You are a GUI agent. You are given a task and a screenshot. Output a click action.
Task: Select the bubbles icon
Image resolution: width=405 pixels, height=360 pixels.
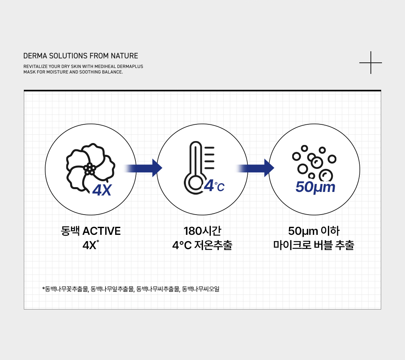click(x=314, y=163)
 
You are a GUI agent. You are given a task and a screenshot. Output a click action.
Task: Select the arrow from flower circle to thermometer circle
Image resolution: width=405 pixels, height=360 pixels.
click(x=143, y=168)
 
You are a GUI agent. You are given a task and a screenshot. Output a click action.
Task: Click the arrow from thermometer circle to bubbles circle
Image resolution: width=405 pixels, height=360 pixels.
click(x=255, y=168)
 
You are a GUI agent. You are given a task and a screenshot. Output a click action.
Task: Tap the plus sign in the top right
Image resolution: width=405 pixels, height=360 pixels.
click(x=371, y=62)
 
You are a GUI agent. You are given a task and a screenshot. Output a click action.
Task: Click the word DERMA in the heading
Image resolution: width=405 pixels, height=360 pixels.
click(x=33, y=56)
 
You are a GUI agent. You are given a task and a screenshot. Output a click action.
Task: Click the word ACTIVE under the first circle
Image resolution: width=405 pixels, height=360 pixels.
click(x=101, y=231)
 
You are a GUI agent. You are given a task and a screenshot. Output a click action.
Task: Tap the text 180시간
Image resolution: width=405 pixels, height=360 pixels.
click(x=202, y=231)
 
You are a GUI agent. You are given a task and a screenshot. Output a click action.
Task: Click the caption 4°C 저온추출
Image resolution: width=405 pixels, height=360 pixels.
click(x=202, y=245)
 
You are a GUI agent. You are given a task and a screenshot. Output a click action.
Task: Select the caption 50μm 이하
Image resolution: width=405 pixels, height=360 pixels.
click(x=314, y=231)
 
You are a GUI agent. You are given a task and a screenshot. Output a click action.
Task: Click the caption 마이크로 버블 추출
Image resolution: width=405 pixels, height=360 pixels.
click(x=314, y=245)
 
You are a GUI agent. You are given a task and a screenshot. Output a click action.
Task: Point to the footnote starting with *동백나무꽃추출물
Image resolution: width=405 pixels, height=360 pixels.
click(x=131, y=289)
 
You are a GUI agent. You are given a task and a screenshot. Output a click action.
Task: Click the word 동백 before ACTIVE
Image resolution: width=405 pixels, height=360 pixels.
click(x=70, y=231)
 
